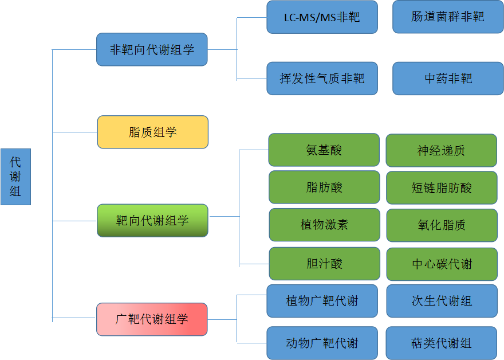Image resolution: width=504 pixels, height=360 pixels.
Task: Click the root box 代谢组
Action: click(15, 177)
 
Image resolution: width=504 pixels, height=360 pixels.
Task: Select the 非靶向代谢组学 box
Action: click(152, 49)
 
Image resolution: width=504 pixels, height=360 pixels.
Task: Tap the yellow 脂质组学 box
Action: click(152, 132)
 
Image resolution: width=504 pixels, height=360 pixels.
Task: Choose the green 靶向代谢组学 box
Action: click(152, 220)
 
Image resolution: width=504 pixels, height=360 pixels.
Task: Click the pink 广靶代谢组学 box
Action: click(152, 319)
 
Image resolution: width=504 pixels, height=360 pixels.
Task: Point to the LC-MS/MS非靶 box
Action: click(322, 17)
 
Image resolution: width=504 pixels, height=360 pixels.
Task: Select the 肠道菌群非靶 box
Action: click(448, 17)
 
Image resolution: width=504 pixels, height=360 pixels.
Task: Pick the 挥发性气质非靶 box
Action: click(322, 79)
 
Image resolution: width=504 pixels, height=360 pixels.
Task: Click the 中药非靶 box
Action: click(448, 79)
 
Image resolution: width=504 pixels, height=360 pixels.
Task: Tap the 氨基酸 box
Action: click(324, 150)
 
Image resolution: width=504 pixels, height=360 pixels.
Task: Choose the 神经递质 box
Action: click(441, 151)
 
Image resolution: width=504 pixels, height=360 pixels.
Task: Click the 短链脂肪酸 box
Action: click(442, 187)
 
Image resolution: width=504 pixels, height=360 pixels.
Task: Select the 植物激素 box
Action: click(324, 225)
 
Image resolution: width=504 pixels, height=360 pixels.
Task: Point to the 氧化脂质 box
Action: click(442, 225)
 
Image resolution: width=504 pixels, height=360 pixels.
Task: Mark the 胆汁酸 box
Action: click(324, 264)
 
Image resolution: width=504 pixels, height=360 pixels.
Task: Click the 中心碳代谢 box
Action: click(442, 264)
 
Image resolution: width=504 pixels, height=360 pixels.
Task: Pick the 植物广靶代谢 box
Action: click(322, 300)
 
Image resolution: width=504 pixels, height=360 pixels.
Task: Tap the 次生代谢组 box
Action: click(442, 301)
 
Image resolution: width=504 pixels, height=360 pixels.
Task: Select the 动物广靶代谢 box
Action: click(322, 343)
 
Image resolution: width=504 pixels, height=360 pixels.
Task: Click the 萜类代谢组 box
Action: click(441, 343)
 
